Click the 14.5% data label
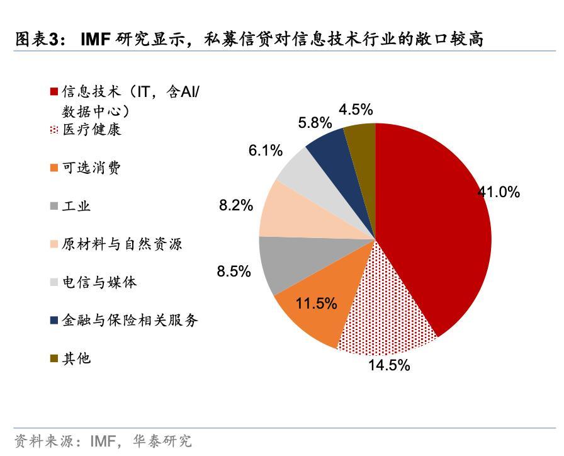pos(389,365)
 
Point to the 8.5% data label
pos(234,271)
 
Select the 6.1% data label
pos(265,151)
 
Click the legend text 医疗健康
pos(92,130)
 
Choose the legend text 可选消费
pos(92,168)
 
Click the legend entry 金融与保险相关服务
pos(130,320)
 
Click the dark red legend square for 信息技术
pos(54,92)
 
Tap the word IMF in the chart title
pos(96,40)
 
